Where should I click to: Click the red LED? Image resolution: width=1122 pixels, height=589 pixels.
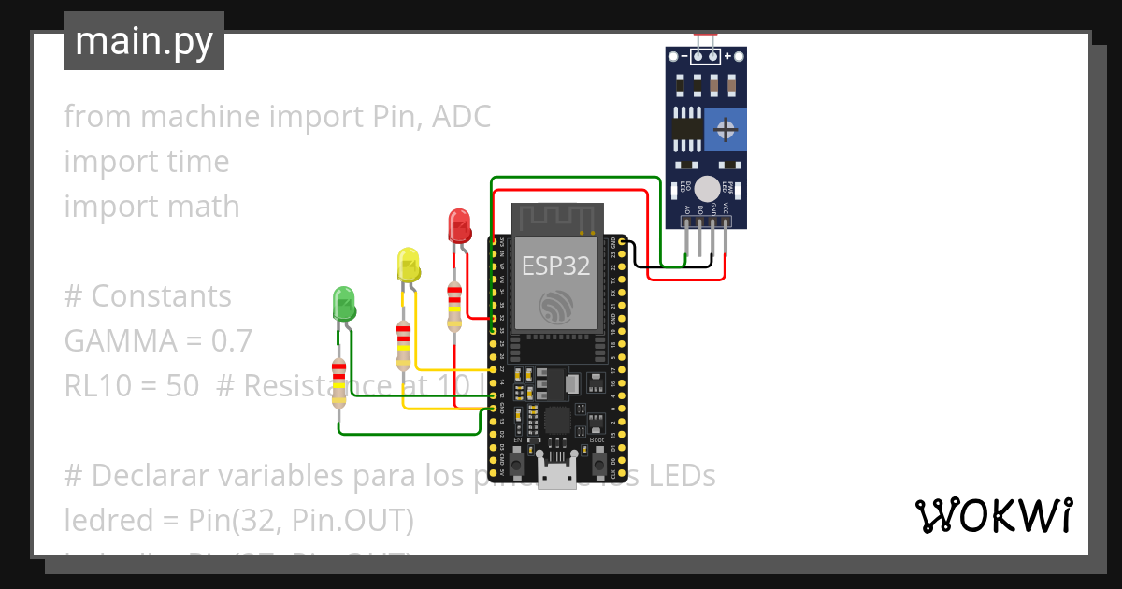coord(458,226)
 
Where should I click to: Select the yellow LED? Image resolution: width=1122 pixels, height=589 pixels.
coord(409,265)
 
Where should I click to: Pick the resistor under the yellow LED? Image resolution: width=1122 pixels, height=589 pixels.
coord(403,345)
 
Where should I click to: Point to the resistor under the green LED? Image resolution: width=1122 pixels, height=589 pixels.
coord(338,382)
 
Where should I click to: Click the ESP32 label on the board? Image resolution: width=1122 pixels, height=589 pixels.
coord(555,266)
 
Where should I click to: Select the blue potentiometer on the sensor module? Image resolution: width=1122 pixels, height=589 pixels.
coord(726,128)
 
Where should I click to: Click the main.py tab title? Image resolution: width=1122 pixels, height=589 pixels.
coord(143,41)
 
